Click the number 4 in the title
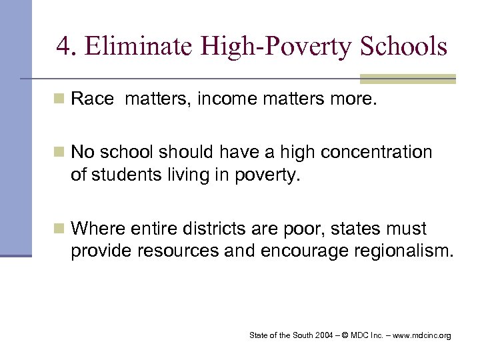[x=63, y=46]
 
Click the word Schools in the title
[x=403, y=46]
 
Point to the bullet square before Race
[x=59, y=100]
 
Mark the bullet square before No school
[x=59, y=153]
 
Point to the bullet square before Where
[x=59, y=229]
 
